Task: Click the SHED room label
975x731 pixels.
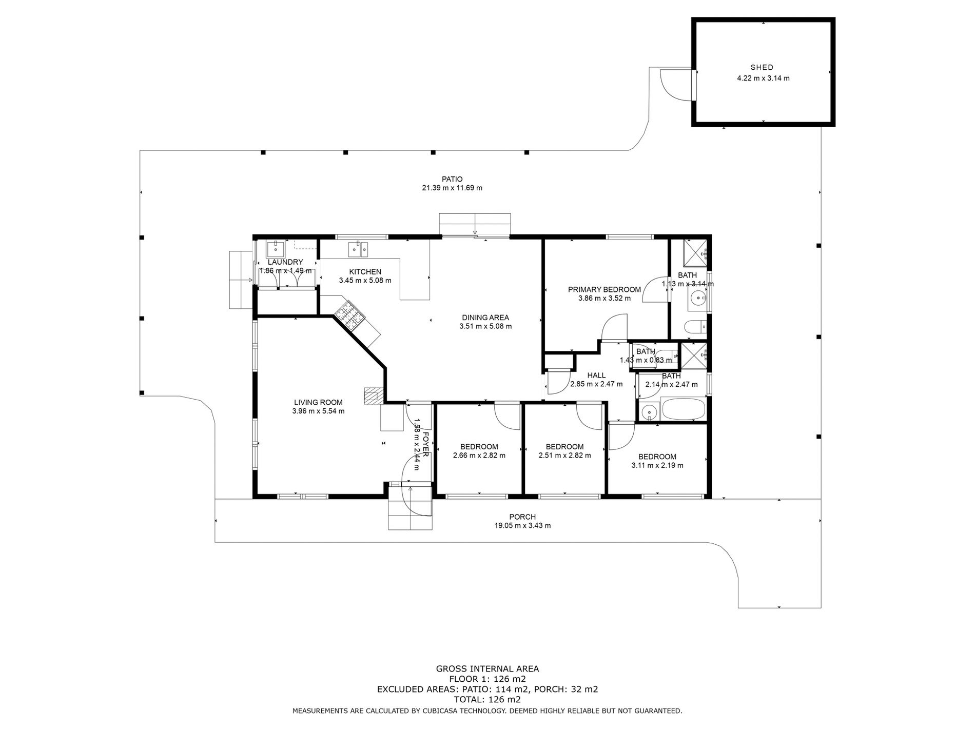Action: [x=762, y=67]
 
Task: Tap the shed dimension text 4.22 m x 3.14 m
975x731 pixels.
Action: [x=763, y=78]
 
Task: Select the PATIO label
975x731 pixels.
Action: [x=452, y=179]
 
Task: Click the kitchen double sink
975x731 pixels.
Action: [x=358, y=250]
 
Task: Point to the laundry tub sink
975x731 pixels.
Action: [x=276, y=250]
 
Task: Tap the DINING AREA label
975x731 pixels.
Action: [x=485, y=318]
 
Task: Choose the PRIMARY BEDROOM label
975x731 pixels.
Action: [x=604, y=289]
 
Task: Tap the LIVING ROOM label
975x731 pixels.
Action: [x=318, y=402]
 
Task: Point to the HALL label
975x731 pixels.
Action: [x=596, y=376]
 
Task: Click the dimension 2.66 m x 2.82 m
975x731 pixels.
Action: [x=479, y=456]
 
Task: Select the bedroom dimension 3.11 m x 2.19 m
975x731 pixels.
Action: [x=657, y=466]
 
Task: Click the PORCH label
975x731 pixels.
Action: [x=522, y=517]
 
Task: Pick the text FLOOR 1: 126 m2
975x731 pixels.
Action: [x=487, y=679]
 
